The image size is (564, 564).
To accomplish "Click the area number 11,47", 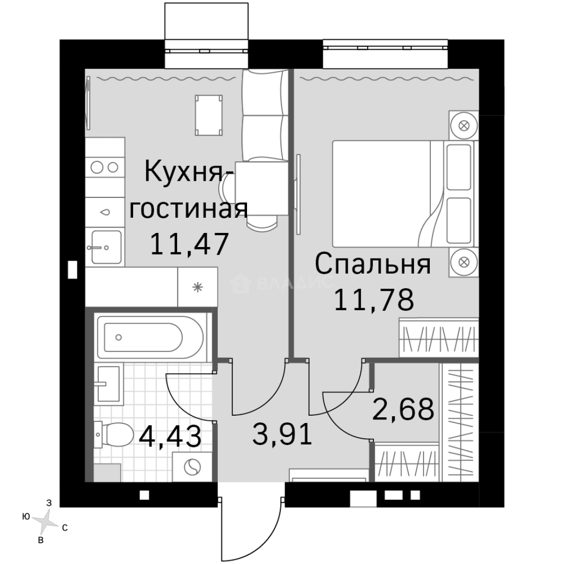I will coord(189,243).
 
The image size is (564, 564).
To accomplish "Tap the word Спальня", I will coord(373,265).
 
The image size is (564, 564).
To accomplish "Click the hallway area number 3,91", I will coord(282,433).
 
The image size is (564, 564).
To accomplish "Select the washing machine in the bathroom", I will coord(192,467).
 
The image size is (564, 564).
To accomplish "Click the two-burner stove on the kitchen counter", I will coord(104,167).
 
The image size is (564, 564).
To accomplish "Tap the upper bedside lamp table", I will coord(463,125).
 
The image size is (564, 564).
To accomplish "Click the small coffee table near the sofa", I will coord(208,113).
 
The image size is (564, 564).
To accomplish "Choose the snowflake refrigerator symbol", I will coord(197,287).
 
